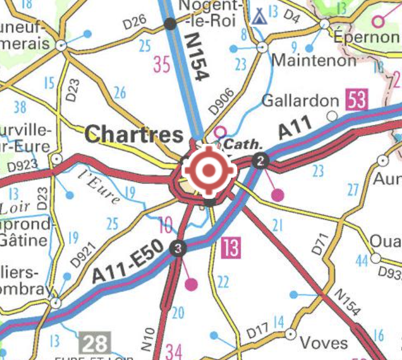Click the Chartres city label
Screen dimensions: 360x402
pos(135,134)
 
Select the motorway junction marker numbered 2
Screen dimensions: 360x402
pos(261,162)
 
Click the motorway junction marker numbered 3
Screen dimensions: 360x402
pos(177,249)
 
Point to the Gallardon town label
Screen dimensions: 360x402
pos(300,101)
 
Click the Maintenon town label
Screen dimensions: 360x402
pos(313,60)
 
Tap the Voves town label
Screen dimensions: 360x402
pos(323,342)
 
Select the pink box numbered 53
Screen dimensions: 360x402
pos(357,101)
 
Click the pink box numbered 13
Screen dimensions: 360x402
pos(231,247)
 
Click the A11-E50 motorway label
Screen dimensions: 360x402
pos(127,261)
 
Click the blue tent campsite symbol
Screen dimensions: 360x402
pos(258,17)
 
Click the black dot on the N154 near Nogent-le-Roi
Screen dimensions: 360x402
pos(170,23)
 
